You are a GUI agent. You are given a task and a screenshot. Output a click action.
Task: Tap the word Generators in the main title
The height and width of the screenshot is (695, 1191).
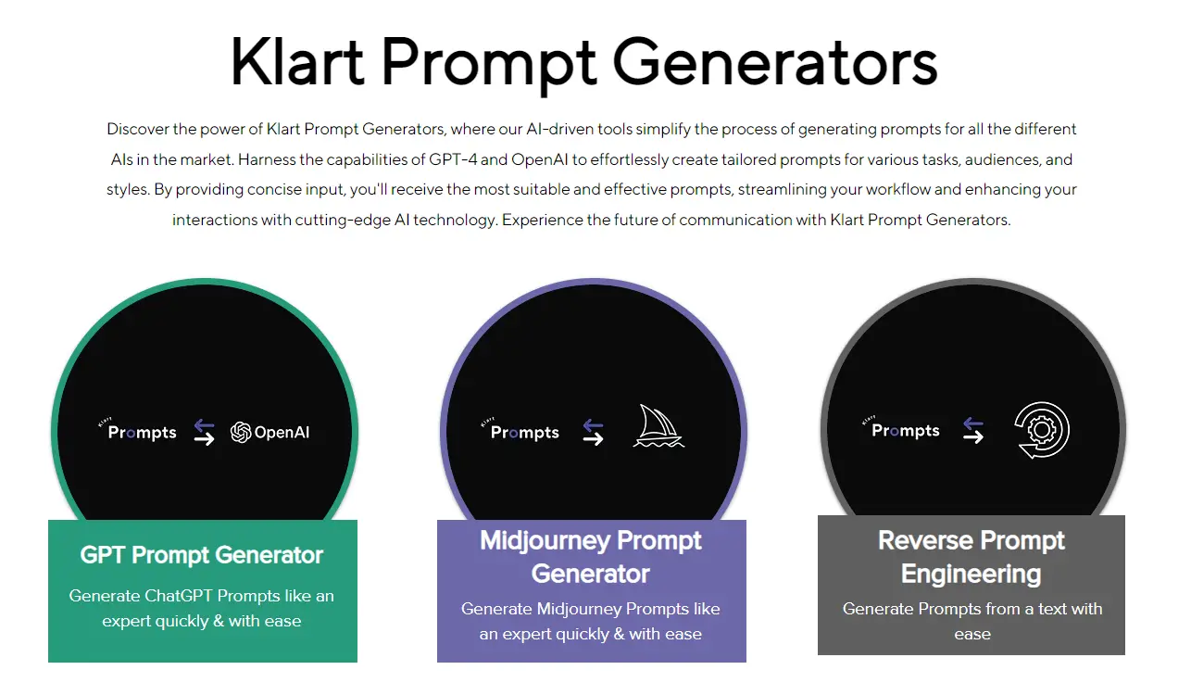tap(775, 62)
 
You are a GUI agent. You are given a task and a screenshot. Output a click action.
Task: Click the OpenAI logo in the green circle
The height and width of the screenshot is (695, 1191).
tap(270, 432)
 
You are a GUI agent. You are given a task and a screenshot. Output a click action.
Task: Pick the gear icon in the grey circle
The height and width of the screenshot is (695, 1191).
tap(1042, 430)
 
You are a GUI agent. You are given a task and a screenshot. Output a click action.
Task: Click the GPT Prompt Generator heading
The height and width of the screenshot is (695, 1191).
tap(202, 555)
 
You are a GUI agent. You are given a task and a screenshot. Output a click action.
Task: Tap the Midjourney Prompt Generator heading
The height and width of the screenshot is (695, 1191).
tap(591, 557)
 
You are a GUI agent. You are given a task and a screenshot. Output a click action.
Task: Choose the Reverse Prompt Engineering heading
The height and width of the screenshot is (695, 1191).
tap(972, 557)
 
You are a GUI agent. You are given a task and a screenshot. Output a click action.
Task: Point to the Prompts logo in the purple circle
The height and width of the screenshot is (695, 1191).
tap(523, 431)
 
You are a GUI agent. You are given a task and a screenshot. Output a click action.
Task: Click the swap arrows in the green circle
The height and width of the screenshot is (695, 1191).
tap(204, 432)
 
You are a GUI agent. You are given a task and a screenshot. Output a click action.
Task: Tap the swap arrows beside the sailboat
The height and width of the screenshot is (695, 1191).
tap(593, 432)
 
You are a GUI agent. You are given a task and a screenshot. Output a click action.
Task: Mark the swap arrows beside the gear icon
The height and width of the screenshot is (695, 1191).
tap(972, 430)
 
